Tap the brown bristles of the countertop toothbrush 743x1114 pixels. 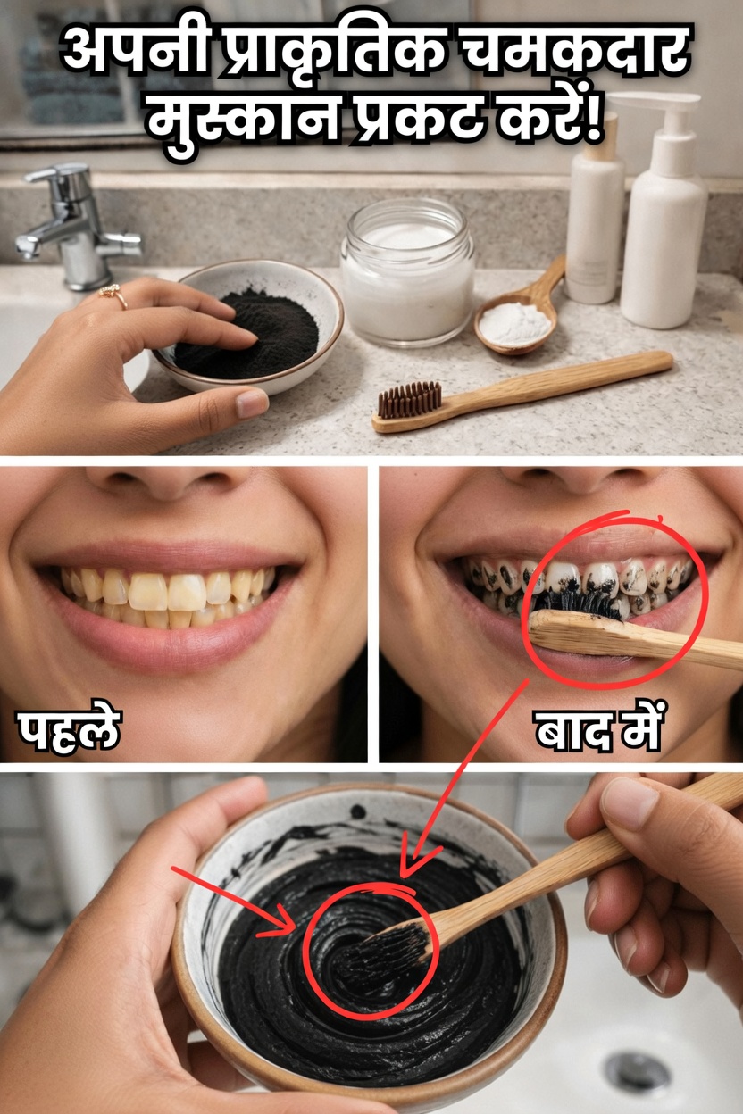pyautogui.click(x=409, y=400)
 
